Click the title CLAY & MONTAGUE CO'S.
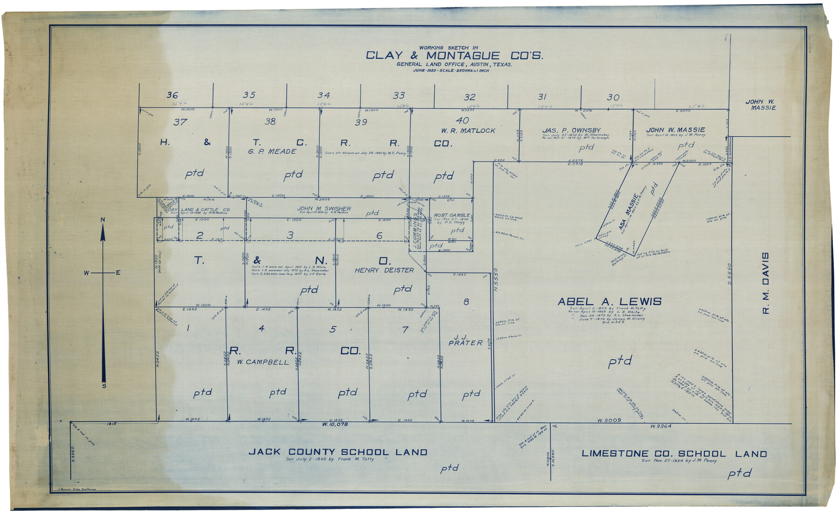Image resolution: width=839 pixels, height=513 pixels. pyautogui.click(x=454, y=55)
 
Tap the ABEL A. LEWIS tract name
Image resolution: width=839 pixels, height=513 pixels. pyautogui.click(x=609, y=302)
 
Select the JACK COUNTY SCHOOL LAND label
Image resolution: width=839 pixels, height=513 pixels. pyautogui.click(x=338, y=452)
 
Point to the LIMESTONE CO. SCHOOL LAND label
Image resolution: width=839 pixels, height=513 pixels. pyautogui.click(x=674, y=454)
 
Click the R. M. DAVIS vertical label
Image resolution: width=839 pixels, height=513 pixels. pyautogui.click(x=765, y=283)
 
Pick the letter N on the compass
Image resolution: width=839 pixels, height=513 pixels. pyautogui.click(x=103, y=220)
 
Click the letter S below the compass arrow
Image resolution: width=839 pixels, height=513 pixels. pyautogui.click(x=104, y=386)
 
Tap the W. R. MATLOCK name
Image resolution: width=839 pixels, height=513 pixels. pyautogui.click(x=468, y=131)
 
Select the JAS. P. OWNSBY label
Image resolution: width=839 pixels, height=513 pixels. pyautogui.click(x=571, y=130)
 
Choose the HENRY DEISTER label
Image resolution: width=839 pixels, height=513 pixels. pyautogui.click(x=384, y=270)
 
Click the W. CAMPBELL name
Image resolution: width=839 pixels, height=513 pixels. pyautogui.click(x=263, y=362)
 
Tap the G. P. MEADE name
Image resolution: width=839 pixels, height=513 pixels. pyautogui.click(x=272, y=151)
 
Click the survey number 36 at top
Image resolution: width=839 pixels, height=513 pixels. pyautogui.click(x=172, y=95)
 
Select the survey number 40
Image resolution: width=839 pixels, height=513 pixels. pyautogui.click(x=462, y=121)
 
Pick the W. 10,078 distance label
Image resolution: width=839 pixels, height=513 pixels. pyautogui.click(x=335, y=424)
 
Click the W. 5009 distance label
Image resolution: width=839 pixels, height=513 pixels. pyautogui.click(x=609, y=420)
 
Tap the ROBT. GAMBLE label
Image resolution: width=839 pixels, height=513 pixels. pyautogui.click(x=452, y=215)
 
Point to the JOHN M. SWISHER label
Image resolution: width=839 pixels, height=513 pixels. pyautogui.click(x=324, y=208)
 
